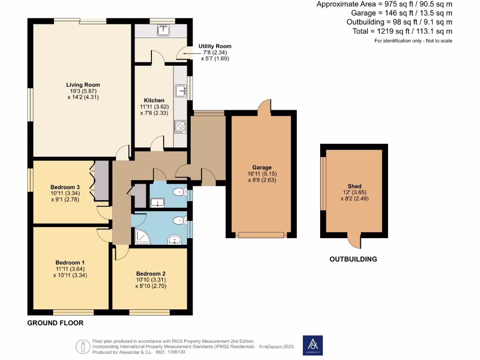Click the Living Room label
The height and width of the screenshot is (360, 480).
[83, 85]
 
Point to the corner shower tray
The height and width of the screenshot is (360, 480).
[141, 238]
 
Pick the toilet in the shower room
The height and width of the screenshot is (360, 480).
[179, 221]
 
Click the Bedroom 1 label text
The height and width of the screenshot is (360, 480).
[70, 262]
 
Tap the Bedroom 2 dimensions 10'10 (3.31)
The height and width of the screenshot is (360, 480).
[150, 280]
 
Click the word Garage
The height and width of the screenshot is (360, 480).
[262, 167]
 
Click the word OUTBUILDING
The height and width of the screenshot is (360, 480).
[353, 259]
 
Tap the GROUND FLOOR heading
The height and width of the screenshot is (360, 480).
[55, 323]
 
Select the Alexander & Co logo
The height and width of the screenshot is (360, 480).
[313, 345]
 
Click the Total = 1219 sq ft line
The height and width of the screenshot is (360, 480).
[402, 31]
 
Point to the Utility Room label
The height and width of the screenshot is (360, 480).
[215, 46]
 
